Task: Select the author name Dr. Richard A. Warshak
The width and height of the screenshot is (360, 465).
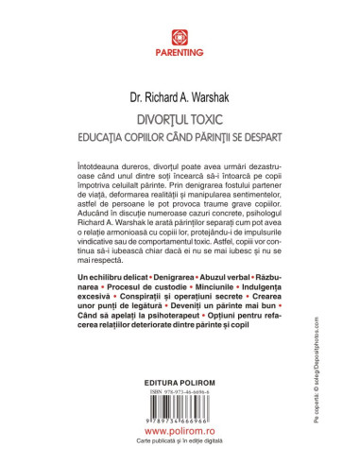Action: (x=180, y=95)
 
